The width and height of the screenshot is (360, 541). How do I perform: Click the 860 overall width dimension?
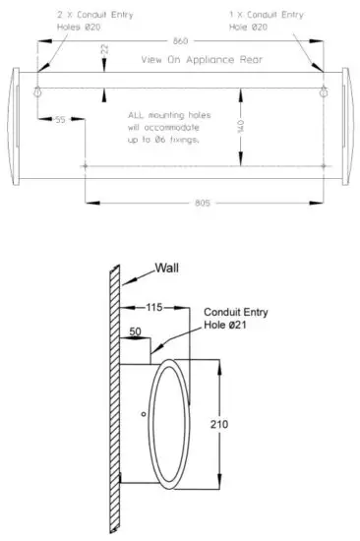tap(180, 42)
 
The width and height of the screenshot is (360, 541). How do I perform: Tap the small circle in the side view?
tap(144, 414)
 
